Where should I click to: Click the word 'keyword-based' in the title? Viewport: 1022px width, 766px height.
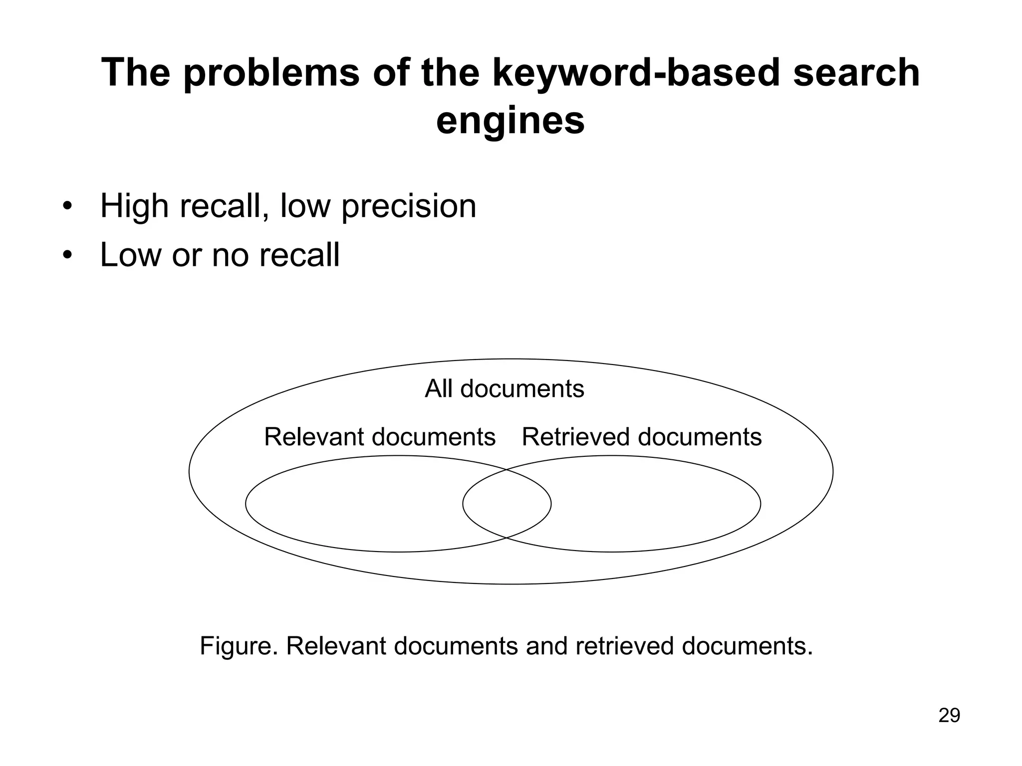(x=636, y=73)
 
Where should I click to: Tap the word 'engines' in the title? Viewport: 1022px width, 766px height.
(x=510, y=121)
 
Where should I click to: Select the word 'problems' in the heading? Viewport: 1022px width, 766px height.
(x=271, y=73)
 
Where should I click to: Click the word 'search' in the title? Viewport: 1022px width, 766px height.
(x=856, y=73)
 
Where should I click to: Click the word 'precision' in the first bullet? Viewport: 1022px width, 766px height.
(x=409, y=206)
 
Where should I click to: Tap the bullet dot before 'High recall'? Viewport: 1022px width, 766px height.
(x=67, y=206)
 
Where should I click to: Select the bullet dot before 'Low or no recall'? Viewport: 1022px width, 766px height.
(x=67, y=255)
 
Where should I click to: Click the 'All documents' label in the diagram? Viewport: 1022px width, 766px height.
(x=504, y=388)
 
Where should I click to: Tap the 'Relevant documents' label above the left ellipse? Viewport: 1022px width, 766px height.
(x=380, y=437)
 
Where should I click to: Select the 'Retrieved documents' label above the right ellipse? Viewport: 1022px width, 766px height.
(x=642, y=437)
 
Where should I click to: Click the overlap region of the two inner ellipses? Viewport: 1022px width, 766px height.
(x=507, y=504)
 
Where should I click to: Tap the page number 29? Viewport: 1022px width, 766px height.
(x=949, y=715)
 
